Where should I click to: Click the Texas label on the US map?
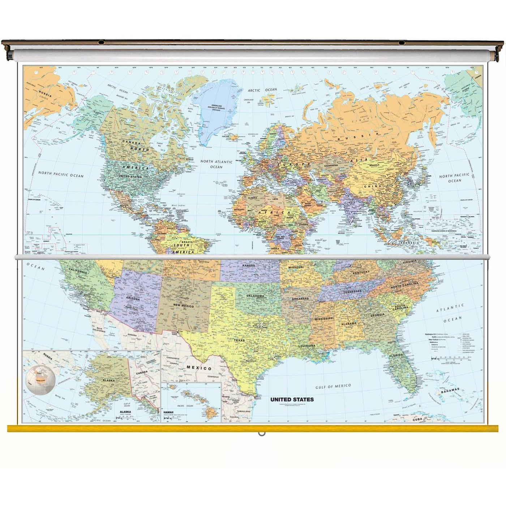239,340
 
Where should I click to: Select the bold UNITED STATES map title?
292,399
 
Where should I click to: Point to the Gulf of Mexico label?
333,386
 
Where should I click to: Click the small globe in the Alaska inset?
40,379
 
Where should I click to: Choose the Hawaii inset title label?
168,412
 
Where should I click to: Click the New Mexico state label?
183,306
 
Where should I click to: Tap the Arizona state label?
133,299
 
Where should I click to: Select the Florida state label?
396,355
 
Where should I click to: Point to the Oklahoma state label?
255,296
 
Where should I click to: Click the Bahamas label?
450,391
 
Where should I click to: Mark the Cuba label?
417,419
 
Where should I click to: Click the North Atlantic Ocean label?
216,164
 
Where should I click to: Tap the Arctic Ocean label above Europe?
262,90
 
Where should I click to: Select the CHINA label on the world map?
372,186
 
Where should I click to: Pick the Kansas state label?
249,266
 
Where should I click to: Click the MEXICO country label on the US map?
199,368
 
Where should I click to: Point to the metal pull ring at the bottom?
262,433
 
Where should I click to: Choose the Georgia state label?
377,315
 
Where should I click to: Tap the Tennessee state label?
352,291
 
